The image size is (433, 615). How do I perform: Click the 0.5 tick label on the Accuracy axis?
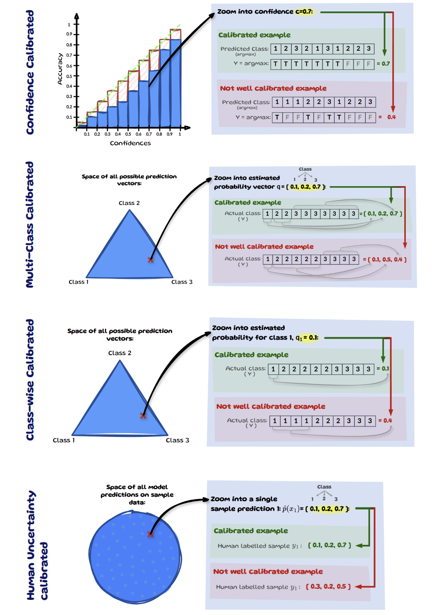[69, 76]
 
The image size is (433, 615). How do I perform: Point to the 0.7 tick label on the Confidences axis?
[149, 134]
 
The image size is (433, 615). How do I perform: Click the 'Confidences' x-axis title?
[130, 143]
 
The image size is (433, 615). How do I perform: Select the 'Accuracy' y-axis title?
[60, 69]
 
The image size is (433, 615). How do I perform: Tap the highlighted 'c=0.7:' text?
[304, 12]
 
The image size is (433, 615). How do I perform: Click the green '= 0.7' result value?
[384, 64]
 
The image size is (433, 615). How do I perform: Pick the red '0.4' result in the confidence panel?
[391, 117]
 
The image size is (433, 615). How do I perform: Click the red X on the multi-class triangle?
[150, 260]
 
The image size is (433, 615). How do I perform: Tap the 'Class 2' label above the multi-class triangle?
[129, 203]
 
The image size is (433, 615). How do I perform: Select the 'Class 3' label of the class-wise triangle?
[177, 440]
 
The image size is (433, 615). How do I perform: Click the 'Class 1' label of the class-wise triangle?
[64, 440]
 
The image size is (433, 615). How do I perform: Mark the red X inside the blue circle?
[150, 534]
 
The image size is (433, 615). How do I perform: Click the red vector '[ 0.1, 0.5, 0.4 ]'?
[387, 259]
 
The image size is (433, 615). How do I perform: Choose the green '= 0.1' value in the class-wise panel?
[383, 368]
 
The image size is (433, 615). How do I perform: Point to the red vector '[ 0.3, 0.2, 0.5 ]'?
[328, 586]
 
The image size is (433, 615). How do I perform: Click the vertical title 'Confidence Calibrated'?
[30, 73]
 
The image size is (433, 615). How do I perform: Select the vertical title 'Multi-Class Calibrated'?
[30, 225]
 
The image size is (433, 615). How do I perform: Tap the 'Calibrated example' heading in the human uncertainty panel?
[251, 530]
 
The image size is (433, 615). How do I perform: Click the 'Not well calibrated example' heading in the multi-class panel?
[264, 246]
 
